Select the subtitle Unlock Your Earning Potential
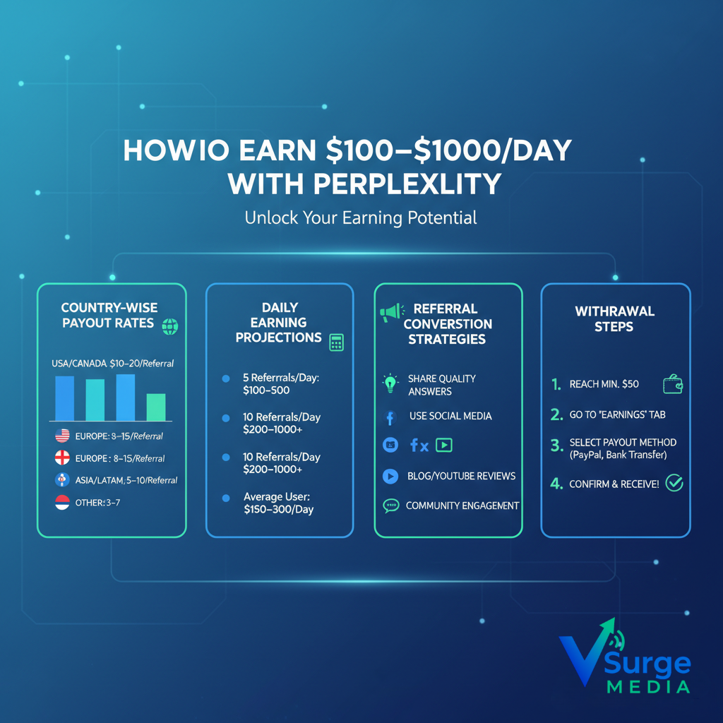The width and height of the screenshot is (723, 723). pyautogui.click(x=361, y=217)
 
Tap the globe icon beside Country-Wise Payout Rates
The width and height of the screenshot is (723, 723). pyautogui.click(x=169, y=326)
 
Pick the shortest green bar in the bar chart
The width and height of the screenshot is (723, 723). pyautogui.click(x=156, y=407)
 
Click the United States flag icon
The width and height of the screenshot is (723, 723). pyautogui.click(x=62, y=436)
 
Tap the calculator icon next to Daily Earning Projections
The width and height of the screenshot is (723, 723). pyautogui.click(x=336, y=342)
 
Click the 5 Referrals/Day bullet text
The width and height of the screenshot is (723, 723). pyautogui.click(x=280, y=384)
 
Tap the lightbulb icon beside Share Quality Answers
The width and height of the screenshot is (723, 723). pyautogui.click(x=390, y=383)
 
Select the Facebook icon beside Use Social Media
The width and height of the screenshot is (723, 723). pyautogui.click(x=390, y=417)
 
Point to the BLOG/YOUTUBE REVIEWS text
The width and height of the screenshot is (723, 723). pyautogui.click(x=461, y=476)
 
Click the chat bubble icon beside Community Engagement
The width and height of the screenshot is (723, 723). pyautogui.click(x=390, y=506)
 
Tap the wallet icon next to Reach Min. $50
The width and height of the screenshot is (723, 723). pyautogui.click(x=672, y=384)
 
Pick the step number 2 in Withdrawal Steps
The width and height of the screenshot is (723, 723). pyautogui.click(x=557, y=414)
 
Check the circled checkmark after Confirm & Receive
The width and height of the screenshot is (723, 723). pyautogui.click(x=674, y=483)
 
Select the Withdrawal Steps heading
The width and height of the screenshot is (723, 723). pyautogui.click(x=614, y=318)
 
